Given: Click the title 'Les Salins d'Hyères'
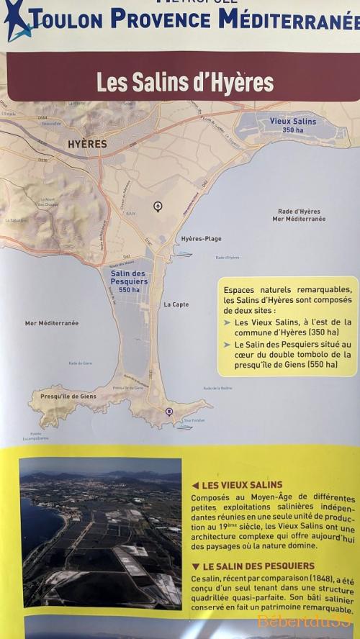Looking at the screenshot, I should coord(185,83).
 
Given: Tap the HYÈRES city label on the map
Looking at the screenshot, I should coord(86,144).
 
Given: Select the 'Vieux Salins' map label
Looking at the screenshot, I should coord(293,122).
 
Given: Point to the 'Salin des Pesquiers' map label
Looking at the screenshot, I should coord(129,278).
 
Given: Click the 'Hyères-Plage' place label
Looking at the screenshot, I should coord(201,239).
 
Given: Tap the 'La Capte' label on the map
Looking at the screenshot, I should coord(176,304).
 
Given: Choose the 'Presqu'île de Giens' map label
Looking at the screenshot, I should coord(68,396).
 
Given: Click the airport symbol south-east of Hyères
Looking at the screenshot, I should coord(158,207).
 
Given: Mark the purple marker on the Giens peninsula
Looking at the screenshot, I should coord(169,412).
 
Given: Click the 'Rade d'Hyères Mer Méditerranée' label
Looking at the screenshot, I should coord(301,215).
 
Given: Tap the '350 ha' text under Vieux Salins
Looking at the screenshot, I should coord(293,130).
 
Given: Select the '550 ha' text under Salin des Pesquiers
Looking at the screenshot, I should coord(130,289).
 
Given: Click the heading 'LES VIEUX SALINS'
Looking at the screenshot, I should coord(242,485).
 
